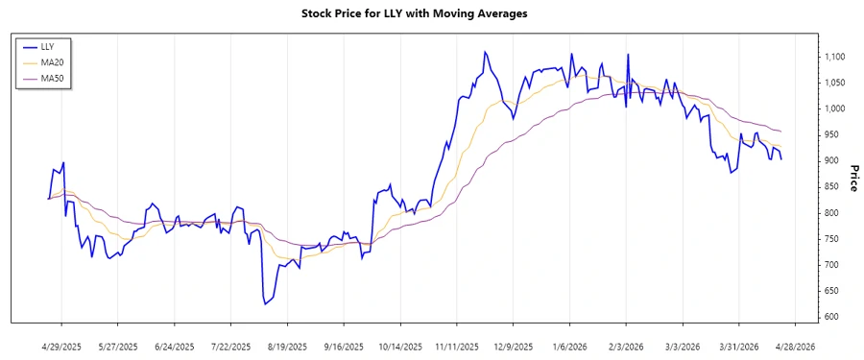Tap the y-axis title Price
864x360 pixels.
[854, 178]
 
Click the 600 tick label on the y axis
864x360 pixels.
[831, 317]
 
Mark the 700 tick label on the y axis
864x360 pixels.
[831, 265]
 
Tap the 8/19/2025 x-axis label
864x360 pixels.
[287, 346]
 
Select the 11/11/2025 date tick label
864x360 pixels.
[457, 346]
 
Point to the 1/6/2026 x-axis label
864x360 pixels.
[570, 346]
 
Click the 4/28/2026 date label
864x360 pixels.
[795, 346]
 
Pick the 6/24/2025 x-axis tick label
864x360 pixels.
[175, 346]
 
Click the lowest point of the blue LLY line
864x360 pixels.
[264, 304]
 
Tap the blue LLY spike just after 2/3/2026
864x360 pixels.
[629, 55]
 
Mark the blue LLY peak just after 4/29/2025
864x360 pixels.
[63, 163]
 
